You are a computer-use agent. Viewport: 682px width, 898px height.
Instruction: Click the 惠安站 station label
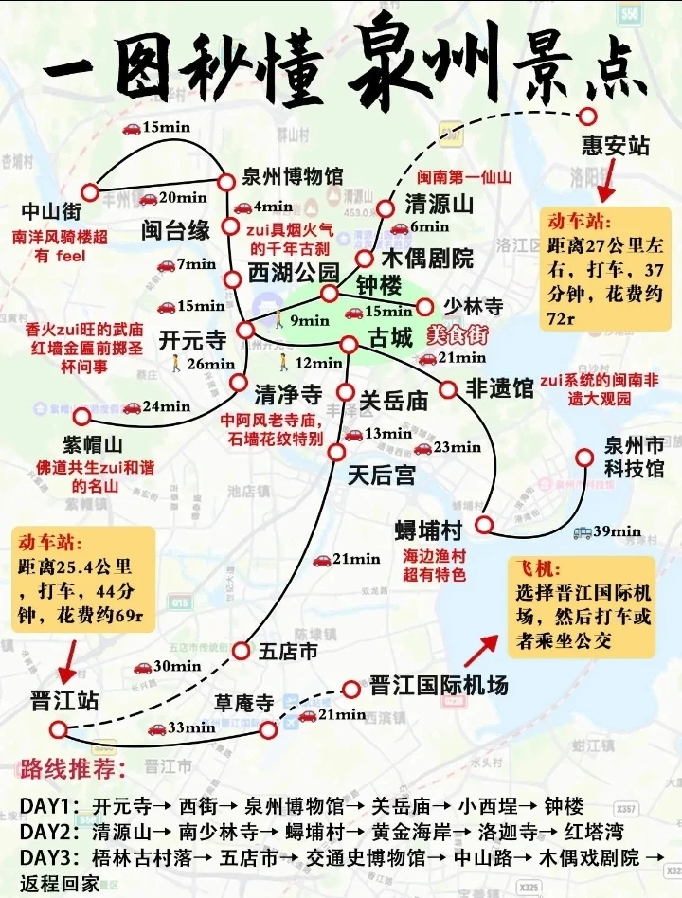click(x=615, y=146)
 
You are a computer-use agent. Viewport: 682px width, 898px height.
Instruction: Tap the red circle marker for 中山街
click(x=90, y=190)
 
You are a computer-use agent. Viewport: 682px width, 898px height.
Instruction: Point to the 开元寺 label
click(x=192, y=339)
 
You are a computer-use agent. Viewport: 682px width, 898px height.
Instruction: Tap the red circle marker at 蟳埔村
click(x=484, y=525)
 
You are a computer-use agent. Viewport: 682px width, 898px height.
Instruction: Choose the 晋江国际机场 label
click(x=439, y=685)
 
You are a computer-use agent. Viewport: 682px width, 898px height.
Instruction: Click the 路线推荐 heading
click(x=73, y=767)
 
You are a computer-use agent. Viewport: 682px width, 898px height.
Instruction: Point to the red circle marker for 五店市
click(x=241, y=651)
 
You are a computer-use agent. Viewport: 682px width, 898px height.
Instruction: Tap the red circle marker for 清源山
click(x=385, y=207)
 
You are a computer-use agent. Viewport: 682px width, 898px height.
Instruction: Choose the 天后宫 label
click(x=381, y=476)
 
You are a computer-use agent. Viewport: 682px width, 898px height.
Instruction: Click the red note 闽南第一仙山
click(x=465, y=177)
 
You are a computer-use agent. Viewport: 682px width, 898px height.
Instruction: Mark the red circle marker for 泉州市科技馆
click(x=584, y=458)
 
